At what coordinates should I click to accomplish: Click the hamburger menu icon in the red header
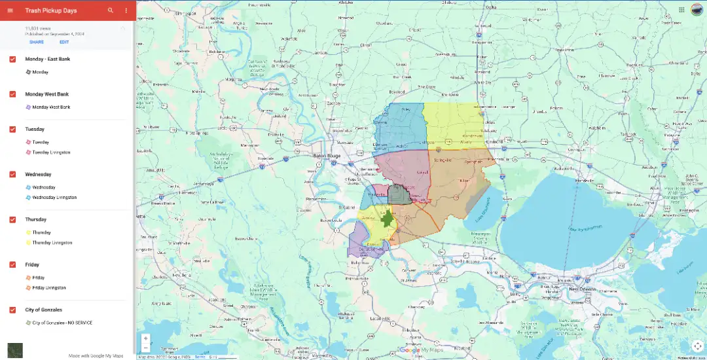tap(10, 10)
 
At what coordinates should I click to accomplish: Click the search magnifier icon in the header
tap(111, 10)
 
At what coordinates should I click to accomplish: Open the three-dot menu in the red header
tap(126, 10)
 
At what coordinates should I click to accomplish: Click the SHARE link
tap(37, 42)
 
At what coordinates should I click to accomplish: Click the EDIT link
tap(64, 42)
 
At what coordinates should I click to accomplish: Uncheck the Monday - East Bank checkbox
tap(12, 59)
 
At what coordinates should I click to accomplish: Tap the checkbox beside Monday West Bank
tap(12, 94)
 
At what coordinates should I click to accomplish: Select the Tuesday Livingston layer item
tap(51, 153)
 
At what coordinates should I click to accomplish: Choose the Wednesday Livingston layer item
tap(54, 197)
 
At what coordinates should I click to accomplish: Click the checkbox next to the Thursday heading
tap(12, 219)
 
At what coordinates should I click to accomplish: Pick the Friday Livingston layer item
tap(49, 287)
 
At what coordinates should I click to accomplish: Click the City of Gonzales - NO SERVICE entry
tap(62, 323)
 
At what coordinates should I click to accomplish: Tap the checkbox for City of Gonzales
tap(12, 310)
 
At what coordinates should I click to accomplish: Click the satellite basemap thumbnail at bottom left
tap(14, 350)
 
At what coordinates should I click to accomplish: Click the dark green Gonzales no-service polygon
tap(387, 219)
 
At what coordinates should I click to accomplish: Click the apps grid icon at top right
tap(682, 10)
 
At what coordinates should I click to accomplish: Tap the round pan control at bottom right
tap(697, 346)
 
